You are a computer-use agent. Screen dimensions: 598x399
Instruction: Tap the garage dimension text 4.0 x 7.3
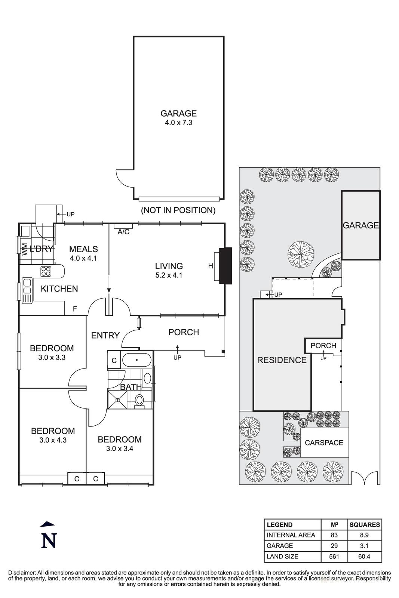[x=178, y=123]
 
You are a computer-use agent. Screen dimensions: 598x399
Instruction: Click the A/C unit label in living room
[x=123, y=232]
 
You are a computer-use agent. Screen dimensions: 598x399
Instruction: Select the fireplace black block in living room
[x=225, y=266]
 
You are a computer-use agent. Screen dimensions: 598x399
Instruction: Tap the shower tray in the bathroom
[x=117, y=400]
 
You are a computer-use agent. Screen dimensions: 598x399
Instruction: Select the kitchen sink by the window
[x=27, y=290]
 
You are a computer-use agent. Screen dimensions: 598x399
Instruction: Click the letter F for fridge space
[x=75, y=309]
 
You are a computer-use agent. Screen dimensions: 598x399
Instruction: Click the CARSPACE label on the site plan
[x=324, y=443]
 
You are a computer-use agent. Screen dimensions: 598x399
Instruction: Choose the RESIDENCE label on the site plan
[x=282, y=360]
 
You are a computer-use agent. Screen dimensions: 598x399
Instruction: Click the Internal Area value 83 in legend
[x=334, y=535]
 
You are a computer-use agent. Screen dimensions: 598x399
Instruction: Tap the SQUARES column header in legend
[x=364, y=524]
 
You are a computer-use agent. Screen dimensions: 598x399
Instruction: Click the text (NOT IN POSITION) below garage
[x=178, y=210]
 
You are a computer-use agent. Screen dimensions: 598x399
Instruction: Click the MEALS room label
[x=83, y=249]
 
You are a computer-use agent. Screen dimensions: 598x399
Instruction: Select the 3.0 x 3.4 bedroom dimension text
[x=120, y=449]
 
